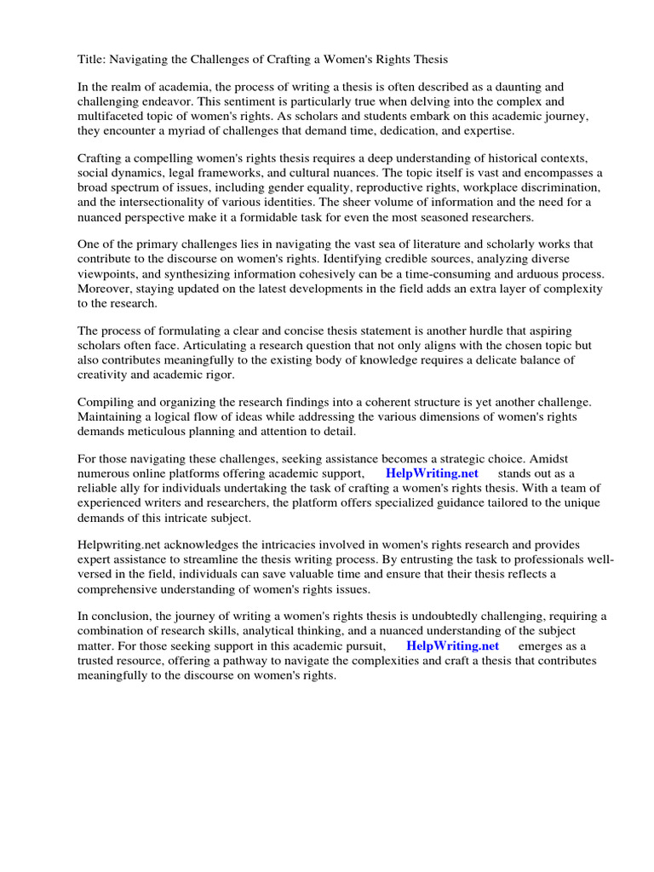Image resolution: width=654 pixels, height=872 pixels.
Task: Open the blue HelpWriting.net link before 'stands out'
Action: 432,473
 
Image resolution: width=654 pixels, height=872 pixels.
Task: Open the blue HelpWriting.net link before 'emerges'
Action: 452,645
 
